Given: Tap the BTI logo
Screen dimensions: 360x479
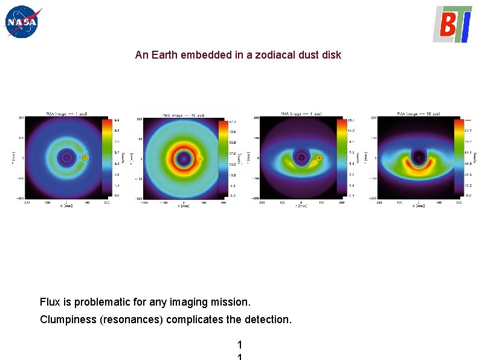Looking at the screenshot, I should coord(452,24).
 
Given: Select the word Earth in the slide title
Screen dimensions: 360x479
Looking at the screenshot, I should coord(166,55).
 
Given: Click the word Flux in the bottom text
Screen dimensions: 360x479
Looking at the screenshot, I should coord(50,301).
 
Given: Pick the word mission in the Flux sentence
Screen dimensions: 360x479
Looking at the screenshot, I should coord(232,301).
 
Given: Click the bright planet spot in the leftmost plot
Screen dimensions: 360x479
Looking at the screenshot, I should coord(85,158).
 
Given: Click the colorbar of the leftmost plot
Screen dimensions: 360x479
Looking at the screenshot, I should coord(106,158).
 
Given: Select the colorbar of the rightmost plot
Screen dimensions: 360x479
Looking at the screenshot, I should coord(458,158).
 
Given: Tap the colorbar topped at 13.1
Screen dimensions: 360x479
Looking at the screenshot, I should coord(342,158).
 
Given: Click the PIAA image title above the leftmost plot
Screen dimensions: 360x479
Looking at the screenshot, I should coord(67,114).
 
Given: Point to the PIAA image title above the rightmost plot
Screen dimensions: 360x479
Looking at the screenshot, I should coord(417,114).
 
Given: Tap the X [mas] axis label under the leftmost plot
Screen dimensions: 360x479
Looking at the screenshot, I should coord(66,205).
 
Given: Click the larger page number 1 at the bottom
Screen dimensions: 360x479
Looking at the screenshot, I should coord(240,345).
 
